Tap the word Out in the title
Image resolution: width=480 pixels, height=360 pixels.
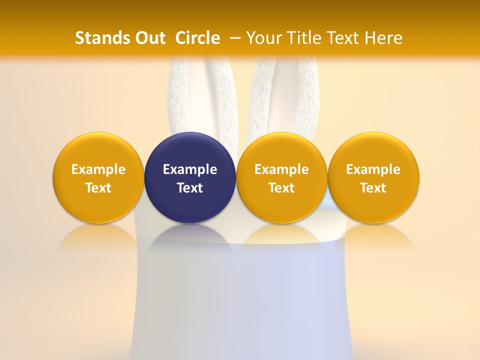coord(149,38)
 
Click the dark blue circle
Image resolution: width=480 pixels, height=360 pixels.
coord(190,150)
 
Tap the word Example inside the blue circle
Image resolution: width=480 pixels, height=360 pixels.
coord(190,169)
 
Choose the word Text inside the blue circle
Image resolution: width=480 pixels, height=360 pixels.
coord(190,188)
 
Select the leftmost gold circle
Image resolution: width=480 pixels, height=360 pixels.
coord(98,150)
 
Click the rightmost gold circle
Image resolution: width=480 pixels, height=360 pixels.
coord(373,150)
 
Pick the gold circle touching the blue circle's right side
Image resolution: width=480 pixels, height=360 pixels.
coord(281,150)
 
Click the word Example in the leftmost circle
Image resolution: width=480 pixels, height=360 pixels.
coord(98,169)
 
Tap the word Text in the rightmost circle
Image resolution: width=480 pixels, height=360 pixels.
coord(373,188)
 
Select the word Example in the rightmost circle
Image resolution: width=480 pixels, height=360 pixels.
coord(373,169)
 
